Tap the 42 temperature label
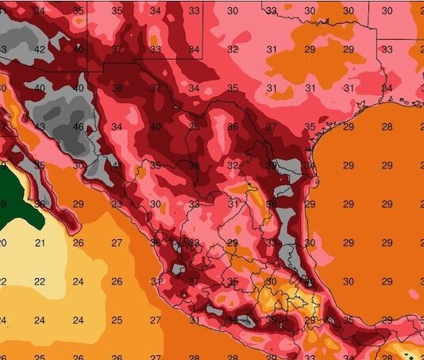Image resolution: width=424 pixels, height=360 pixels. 40,49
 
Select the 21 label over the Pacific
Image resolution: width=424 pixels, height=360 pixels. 40,243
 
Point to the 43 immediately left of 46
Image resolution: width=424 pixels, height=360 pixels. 40,127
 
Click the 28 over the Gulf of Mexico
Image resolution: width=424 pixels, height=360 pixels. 387,127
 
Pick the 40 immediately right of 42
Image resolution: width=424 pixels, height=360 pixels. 79,49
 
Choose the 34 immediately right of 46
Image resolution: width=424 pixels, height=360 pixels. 118,127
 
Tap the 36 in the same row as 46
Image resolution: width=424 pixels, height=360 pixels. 233,127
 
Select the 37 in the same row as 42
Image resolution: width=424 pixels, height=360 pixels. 118,49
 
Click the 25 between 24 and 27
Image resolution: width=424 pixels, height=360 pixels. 118,320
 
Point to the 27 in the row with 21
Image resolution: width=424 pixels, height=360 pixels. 118,243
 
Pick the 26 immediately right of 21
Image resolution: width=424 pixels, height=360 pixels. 79,243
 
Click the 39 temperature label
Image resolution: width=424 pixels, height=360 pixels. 271,165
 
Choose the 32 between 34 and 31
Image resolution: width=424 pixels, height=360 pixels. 233,49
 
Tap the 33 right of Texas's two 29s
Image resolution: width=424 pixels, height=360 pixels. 387,49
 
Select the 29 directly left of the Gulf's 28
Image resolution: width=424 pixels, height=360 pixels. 349,127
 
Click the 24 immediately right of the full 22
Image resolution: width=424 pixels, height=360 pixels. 79,281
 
